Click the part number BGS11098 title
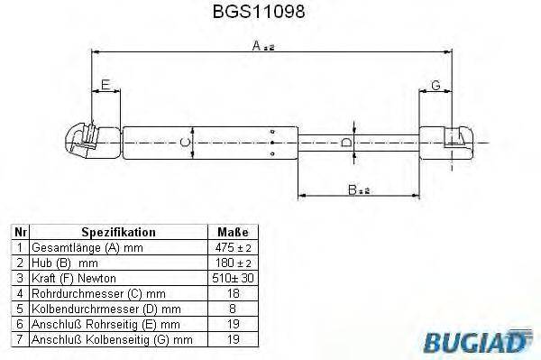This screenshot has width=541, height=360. [x=270, y=14]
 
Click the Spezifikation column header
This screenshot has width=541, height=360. [x=118, y=232]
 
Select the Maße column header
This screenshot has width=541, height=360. [x=233, y=232]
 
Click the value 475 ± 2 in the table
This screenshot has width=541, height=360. [x=233, y=246]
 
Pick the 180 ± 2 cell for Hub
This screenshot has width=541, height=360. [x=233, y=262]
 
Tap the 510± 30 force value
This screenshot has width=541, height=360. [x=233, y=277]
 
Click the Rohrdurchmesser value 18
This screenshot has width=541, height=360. [x=233, y=292]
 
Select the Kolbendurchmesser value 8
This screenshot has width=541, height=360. [x=233, y=308]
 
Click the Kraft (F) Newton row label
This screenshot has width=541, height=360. [x=72, y=277]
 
